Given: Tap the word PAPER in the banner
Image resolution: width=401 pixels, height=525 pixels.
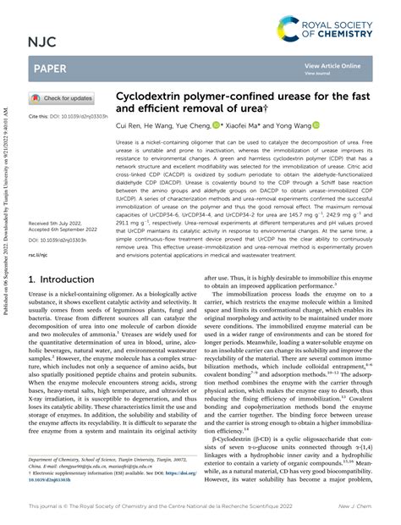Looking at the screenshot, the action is [49, 68].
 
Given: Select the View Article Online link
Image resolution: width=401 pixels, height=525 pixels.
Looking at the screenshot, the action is [332, 65].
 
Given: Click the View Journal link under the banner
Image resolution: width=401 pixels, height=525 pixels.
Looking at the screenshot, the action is [318, 73].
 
